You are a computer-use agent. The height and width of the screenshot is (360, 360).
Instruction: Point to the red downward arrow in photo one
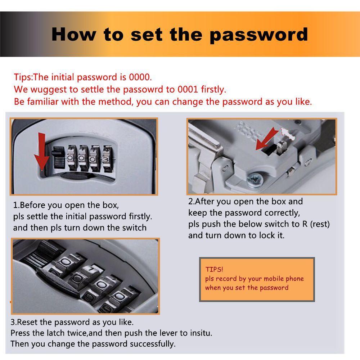coord(41,152)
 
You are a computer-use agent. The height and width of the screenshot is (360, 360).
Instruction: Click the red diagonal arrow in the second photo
coord(267,139)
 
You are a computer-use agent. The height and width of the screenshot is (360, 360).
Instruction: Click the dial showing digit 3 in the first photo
coord(107,159)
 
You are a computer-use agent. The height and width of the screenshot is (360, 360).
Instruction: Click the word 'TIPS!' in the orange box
coord(214,269)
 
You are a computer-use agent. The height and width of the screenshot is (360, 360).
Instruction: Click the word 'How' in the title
coord(73,35)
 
